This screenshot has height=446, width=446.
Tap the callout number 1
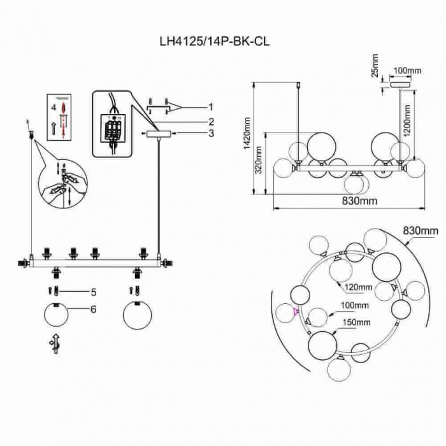point(210,106)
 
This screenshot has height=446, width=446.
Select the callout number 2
point(210,120)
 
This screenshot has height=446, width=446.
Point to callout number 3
point(210,133)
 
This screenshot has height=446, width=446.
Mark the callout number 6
point(93,309)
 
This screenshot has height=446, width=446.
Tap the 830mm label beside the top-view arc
point(421,230)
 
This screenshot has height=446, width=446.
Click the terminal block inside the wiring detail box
point(113,128)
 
